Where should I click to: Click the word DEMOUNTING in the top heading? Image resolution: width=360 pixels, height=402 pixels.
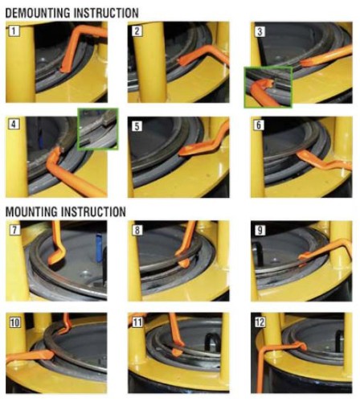pyautogui.click(x=38, y=13)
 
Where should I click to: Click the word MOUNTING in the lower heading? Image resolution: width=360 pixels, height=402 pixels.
pyautogui.click(x=31, y=211)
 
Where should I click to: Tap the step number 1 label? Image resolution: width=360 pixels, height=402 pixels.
pyautogui.click(x=14, y=31)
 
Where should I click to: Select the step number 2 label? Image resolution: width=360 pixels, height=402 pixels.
pyautogui.click(x=137, y=31)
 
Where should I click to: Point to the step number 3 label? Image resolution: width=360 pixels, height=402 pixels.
pyautogui.click(x=260, y=31)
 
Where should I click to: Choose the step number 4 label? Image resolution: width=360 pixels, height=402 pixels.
pyautogui.click(x=14, y=124)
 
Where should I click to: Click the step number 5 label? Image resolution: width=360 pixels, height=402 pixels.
pyautogui.click(x=137, y=126)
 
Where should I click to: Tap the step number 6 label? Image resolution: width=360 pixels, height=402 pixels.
pyautogui.click(x=259, y=125)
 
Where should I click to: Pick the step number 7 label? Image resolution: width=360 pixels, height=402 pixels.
pyautogui.click(x=14, y=230)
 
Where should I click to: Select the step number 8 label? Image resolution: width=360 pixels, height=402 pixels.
pyautogui.click(x=137, y=230)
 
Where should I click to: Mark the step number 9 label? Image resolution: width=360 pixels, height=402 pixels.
pyautogui.click(x=260, y=230)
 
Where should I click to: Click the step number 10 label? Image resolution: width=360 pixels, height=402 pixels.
pyautogui.click(x=14, y=322)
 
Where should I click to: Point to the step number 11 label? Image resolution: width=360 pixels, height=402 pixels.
pyautogui.click(x=137, y=322)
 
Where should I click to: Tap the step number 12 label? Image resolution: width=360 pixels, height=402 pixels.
pyautogui.click(x=260, y=322)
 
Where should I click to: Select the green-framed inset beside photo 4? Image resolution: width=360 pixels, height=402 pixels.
pyautogui.click(x=98, y=129)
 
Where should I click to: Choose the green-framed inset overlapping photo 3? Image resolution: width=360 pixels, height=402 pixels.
pyautogui.click(x=268, y=88)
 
